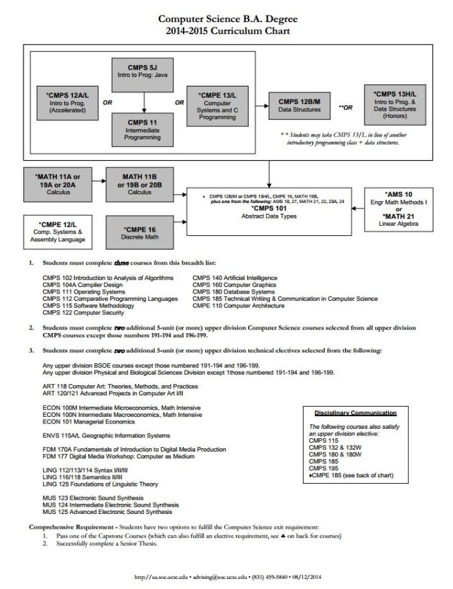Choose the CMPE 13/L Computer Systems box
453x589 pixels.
(x=217, y=104)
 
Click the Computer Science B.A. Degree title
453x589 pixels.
(x=226, y=19)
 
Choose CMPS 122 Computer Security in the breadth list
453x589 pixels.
(x=84, y=314)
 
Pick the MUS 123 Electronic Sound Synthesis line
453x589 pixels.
(x=92, y=498)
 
